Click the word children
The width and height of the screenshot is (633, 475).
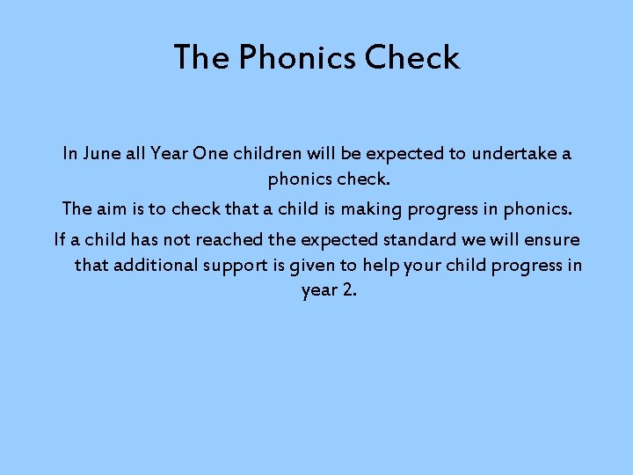(267, 154)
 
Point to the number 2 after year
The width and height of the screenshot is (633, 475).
(351, 290)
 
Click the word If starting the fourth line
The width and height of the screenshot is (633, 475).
(60, 240)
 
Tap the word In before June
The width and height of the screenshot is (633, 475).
(70, 154)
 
